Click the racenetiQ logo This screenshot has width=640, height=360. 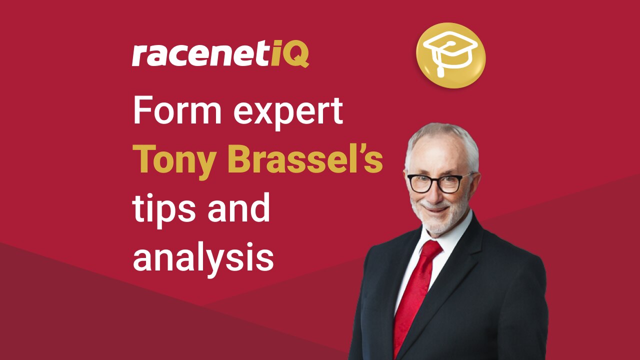click(x=220, y=55)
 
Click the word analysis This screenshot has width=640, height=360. click(x=203, y=257)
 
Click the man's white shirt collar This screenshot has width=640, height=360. click(x=452, y=235)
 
